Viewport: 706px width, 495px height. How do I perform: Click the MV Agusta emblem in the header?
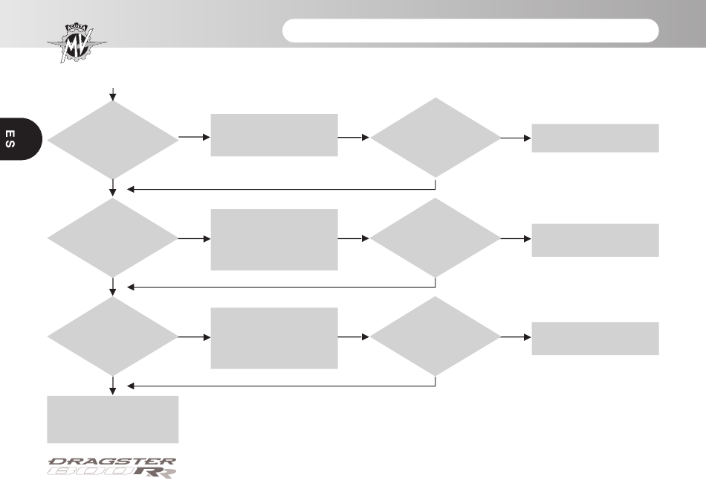(77, 43)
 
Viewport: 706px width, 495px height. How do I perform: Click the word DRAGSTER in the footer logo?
(111, 462)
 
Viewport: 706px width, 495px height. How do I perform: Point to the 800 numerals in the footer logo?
(91, 471)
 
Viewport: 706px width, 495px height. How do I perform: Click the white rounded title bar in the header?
(470, 31)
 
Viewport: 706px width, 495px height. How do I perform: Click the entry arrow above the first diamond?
(112, 95)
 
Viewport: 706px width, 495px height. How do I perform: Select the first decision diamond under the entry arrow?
(112, 140)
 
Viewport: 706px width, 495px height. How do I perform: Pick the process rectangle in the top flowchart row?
(274, 135)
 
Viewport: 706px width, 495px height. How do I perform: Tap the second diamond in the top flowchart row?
(435, 138)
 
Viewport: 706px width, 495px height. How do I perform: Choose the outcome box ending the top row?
(595, 138)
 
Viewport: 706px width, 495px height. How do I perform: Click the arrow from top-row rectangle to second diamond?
(354, 137)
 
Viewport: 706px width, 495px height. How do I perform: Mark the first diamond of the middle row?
(112, 237)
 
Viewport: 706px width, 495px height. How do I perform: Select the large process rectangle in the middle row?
(274, 240)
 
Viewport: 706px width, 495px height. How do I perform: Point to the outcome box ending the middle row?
(595, 240)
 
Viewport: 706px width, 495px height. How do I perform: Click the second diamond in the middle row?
(435, 237)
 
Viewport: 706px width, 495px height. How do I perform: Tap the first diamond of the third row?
(112, 336)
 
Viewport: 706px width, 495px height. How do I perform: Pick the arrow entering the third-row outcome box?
(516, 336)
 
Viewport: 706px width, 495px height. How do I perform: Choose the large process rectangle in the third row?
(274, 338)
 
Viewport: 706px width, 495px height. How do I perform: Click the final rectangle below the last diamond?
(112, 419)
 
